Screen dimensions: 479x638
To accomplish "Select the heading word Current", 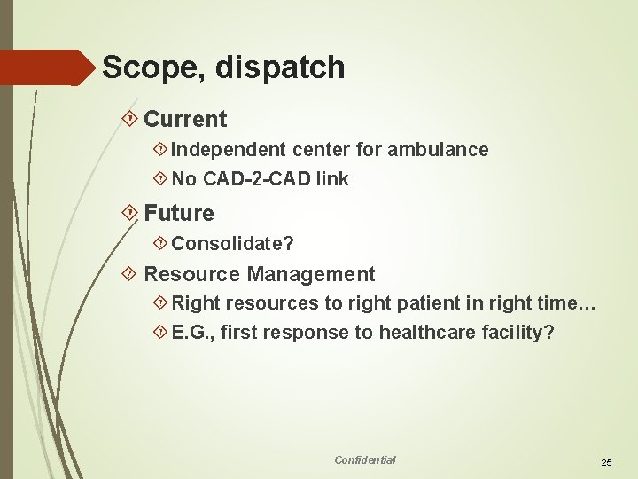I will coord(185,119).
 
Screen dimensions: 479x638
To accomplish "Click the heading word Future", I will coord(179,213).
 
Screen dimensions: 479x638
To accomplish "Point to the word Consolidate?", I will coord(233,243).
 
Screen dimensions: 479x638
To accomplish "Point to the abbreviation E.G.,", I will coord(193,333).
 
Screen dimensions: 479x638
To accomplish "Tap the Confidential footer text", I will coord(365,459).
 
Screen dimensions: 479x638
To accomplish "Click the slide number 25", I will coord(607,462).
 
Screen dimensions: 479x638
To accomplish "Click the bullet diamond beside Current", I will coord(131,119).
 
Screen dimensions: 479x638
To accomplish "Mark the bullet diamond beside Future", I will coord(131,213).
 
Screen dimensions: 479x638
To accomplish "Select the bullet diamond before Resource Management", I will coord(131,274).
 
